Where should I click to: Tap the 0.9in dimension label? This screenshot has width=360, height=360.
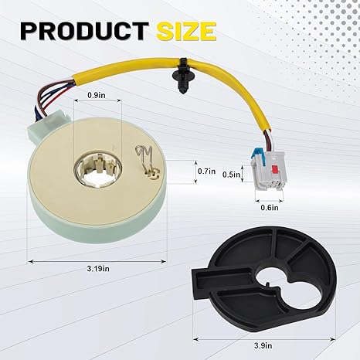[97, 96]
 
